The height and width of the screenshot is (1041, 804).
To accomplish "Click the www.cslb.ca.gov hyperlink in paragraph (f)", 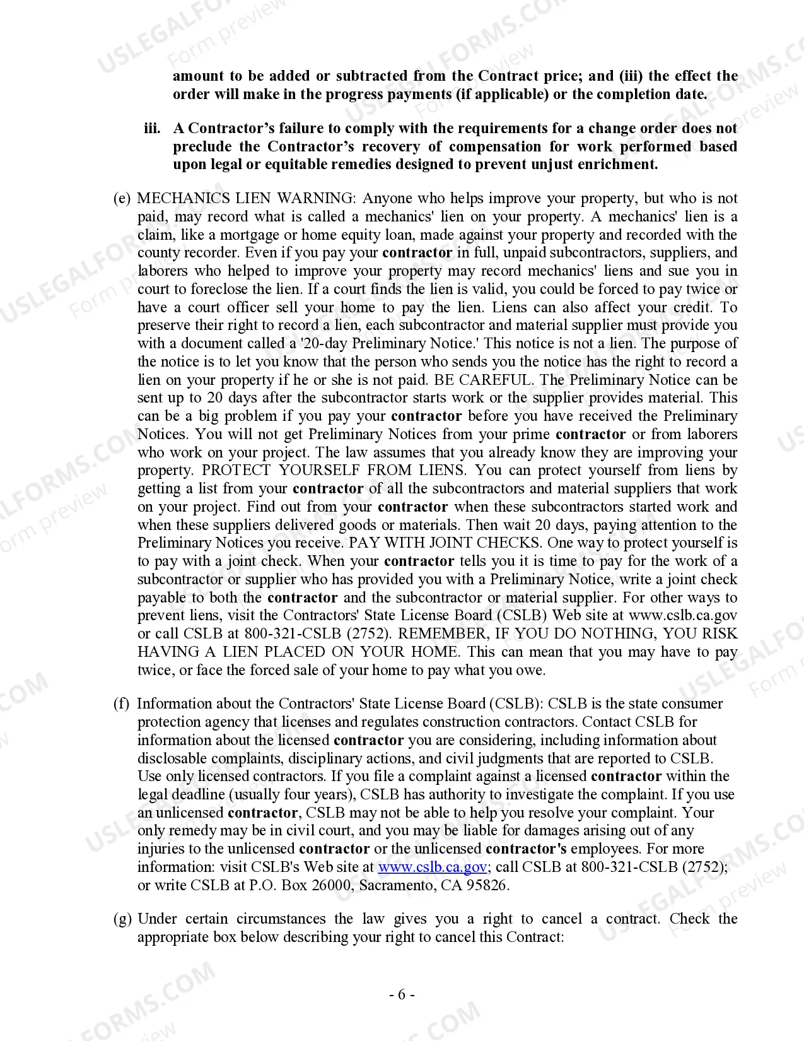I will (x=432, y=867).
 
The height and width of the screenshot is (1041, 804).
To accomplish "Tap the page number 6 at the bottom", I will (x=402, y=995).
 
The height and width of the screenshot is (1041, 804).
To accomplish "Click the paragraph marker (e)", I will (x=122, y=199).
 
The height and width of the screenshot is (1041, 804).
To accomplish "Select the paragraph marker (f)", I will (x=121, y=704).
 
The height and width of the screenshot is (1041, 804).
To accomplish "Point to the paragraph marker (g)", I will (x=122, y=919).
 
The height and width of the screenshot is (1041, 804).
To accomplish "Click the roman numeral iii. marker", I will (x=152, y=129).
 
